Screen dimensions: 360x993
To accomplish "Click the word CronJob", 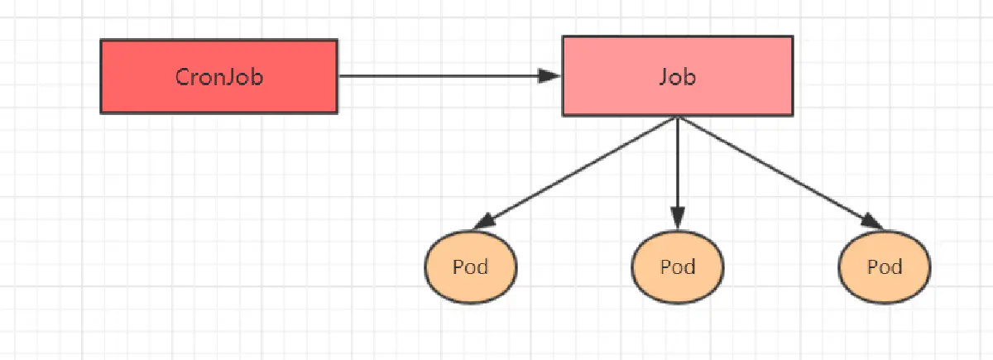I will pos(219,77).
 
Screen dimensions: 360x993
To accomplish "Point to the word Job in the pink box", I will pos(677,77).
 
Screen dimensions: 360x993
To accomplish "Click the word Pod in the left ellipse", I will pos(470,267).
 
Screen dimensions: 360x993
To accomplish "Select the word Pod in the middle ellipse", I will pos(677,267).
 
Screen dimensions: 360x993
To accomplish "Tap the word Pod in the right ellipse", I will pos(884,267).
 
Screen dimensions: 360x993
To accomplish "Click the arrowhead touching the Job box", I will pos(550,76).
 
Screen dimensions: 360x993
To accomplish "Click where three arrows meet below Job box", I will pos(677,118).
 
